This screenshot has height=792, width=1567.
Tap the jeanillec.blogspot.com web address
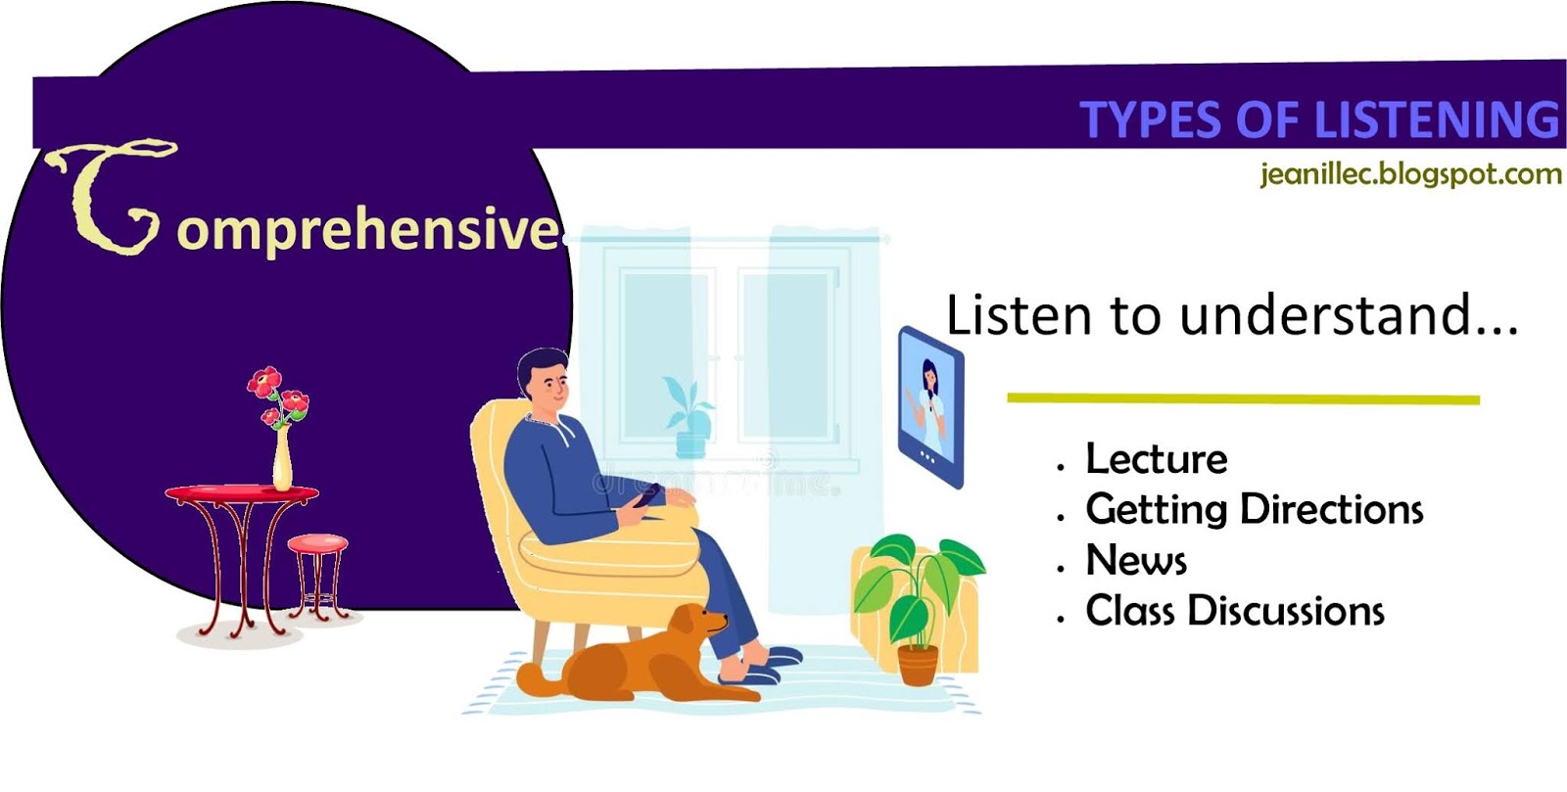tap(1409, 175)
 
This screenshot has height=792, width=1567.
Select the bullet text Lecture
tap(1156, 459)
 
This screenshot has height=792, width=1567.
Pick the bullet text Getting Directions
tap(1254, 510)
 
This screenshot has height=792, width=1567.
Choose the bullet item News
tap(1136, 561)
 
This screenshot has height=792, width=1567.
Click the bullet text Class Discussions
tap(1234, 611)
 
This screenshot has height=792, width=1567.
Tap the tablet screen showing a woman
tap(930, 403)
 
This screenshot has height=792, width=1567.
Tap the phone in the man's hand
tap(646, 495)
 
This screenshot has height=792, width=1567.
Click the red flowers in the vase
tap(278, 396)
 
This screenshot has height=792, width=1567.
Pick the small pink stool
tap(317, 543)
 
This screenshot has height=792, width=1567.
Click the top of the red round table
tap(242, 492)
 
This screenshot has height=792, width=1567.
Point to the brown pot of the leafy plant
tap(918, 665)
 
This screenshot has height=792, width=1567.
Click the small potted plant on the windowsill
tap(689, 421)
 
